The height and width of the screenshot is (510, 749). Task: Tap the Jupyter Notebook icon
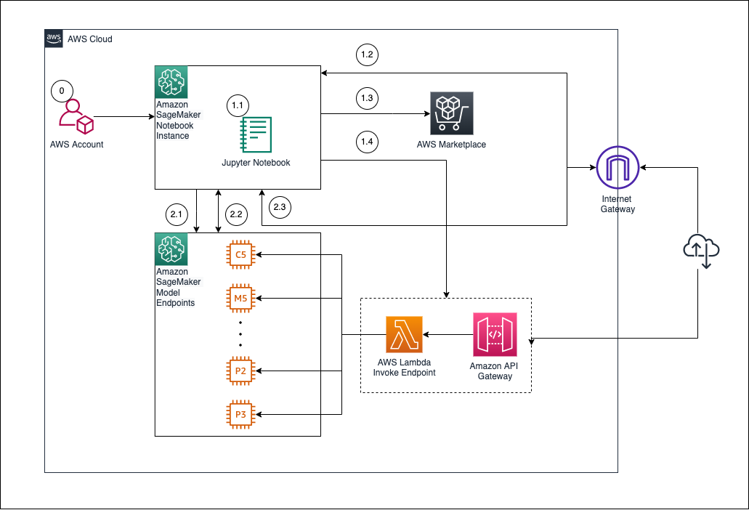coord(256,135)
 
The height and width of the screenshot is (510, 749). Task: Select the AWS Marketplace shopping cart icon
coord(451,113)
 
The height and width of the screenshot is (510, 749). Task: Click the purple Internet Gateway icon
coord(617,168)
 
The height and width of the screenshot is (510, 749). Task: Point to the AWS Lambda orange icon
coord(403,335)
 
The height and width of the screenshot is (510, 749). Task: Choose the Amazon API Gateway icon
coord(495,334)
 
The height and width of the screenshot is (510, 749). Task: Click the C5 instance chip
coord(240,254)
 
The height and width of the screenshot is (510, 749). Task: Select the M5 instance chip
coord(240,298)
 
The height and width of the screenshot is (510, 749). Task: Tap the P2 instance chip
coord(240,371)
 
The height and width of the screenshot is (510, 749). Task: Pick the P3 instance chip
coord(240,414)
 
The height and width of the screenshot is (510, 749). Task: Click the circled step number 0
coord(62,91)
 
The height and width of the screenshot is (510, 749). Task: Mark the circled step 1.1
coord(238,105)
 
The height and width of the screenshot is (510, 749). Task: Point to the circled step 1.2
coord(367,54)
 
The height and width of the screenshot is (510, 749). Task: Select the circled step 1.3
coord(367,97)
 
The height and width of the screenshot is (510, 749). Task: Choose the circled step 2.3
coord(280,208)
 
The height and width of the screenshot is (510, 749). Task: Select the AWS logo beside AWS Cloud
coord(54,39)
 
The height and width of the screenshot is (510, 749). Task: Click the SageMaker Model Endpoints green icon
coord(171,249)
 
